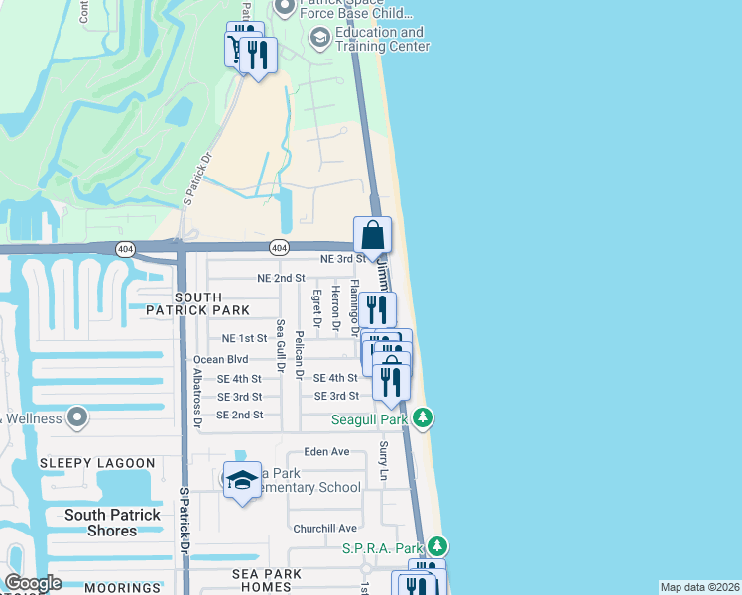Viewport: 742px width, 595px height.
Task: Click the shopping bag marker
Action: coord(373,236)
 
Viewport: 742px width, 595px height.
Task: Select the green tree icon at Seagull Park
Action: coord(423,417)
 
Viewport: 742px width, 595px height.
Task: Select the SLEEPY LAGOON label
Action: coord(97,463)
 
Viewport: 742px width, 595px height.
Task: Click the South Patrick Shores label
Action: coord(112,523)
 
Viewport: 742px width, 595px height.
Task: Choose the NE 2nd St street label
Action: coord(280,279)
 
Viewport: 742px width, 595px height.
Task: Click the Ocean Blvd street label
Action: coord(220,359)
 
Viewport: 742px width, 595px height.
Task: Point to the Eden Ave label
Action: coord(327,451)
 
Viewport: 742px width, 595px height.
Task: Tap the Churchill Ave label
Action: coord(325,528)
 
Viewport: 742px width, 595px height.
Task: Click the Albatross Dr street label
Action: coord(198,398)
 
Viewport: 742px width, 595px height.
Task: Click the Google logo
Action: coord(33,583)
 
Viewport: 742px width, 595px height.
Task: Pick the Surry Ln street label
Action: coord(384,463)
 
